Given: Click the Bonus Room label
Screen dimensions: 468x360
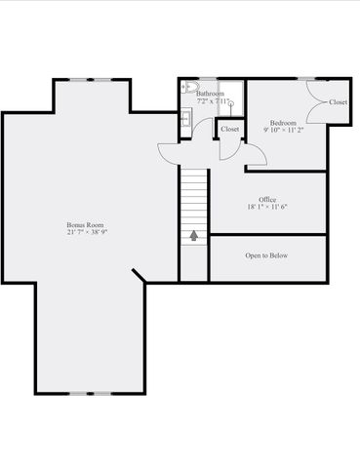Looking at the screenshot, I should [85, 225].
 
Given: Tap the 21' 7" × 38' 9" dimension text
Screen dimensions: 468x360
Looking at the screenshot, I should [85, 233].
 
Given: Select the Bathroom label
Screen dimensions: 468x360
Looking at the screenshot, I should [210, 94].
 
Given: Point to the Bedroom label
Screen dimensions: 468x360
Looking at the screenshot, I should [283, 122].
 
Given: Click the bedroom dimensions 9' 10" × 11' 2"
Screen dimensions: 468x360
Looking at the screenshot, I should [283, 130].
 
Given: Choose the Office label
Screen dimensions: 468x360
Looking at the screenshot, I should [267, 199].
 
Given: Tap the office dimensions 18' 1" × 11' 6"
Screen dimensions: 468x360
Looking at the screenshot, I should [267, 207].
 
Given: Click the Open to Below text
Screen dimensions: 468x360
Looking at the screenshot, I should [267, 255].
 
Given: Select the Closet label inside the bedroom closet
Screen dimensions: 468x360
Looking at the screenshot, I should [339, 101].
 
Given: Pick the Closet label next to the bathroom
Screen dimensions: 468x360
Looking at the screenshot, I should [230, 129].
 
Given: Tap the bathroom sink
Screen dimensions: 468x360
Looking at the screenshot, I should [185, 120].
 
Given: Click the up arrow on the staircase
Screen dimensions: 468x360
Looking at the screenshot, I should [194, 235].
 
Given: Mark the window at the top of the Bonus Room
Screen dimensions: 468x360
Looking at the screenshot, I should [95, 80].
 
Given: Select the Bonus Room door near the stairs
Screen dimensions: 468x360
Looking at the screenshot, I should [171, 151].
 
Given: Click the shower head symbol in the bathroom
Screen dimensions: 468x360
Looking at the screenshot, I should [231, 101].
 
